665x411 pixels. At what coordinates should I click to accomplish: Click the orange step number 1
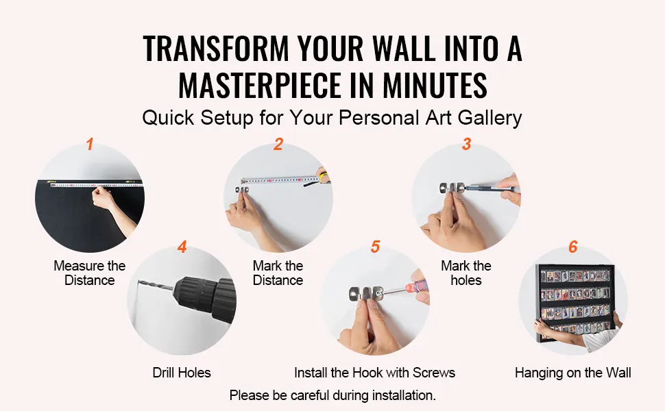coord(90,144)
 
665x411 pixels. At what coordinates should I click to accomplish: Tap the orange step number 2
coord(278,144)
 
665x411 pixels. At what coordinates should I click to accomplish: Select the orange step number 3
coord(466,144)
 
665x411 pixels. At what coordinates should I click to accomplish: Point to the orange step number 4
coord(182,247)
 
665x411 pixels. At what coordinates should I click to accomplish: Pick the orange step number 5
coord(375,247)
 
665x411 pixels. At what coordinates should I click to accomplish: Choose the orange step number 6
coord(573,247)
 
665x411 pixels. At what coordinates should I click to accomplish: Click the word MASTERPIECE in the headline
coord(260,85)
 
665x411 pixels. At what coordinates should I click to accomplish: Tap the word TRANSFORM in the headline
coord(216,49)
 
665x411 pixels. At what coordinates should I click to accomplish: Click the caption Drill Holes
coord(182,373)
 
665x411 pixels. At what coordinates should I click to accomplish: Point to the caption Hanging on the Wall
coord(573,373)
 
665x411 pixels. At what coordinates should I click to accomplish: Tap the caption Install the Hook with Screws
coord(374,373)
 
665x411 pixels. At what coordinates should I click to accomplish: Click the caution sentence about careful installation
coord(332,395)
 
